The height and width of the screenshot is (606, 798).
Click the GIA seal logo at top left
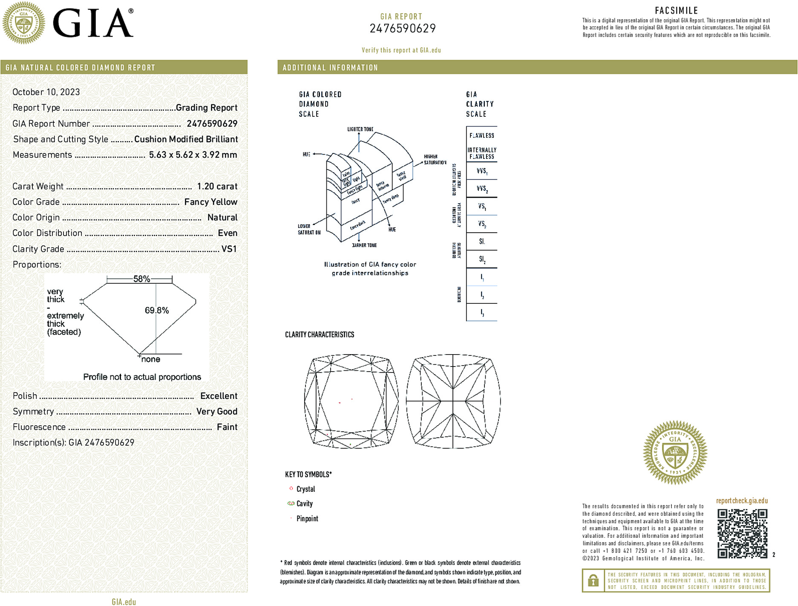click(x=23, y=23)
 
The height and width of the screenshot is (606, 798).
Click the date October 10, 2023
click(x=46, y=92)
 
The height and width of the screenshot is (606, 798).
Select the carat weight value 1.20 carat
click(x=217, y=186)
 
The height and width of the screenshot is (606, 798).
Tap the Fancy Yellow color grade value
click(x=210, y=202)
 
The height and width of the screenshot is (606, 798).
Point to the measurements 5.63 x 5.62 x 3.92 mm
click(x=193, y=155)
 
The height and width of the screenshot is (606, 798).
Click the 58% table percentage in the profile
click(x=141, y=279)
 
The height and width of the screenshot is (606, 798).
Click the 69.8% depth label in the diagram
click(x=157, y=310)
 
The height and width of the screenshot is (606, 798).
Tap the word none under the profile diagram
click(x=150, y=359)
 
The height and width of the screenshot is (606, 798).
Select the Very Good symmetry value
click(x=216, y=411)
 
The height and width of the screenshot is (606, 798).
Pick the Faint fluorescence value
click(x=227, y=427)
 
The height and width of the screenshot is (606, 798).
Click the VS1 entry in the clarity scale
click(x=482, y=206)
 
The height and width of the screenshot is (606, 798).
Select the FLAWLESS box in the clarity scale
click(x=482, y=136)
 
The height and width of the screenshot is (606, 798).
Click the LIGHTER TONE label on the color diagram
click(x=360, y=129)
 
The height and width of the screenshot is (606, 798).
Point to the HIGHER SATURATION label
click(x=435, y=159)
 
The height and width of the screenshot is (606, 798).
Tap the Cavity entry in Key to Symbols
click(x=304, y=504)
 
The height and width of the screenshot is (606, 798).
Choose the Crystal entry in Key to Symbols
click(x=305, y=489)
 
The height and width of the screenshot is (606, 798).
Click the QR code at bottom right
click(x=742, y=533)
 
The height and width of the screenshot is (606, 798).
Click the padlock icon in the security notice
click(x=593, y=580)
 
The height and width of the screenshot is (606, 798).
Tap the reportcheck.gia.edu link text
click(x=742, y=501)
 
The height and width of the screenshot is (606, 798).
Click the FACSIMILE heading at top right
click(x=676, y=11)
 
